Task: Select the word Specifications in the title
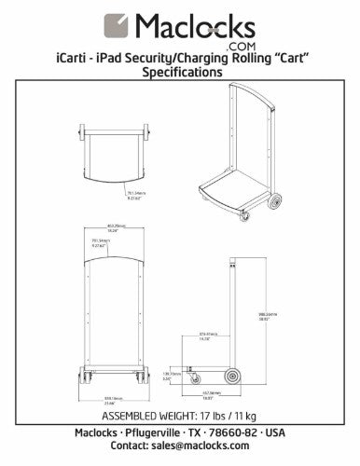[x=180, y=72]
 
